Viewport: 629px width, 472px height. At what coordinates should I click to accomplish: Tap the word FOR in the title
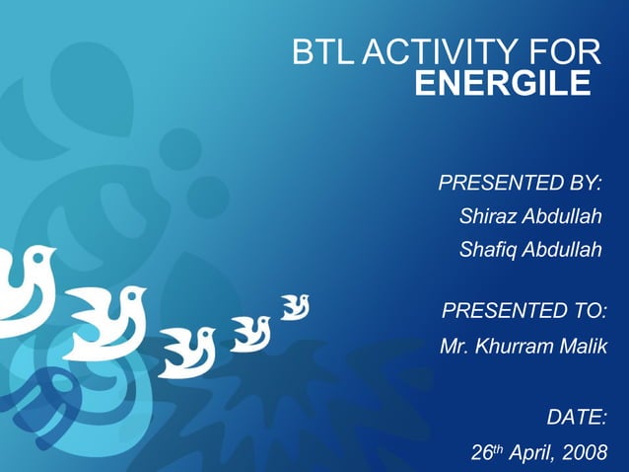[565, 53]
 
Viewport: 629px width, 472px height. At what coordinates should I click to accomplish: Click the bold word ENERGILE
[502, 85]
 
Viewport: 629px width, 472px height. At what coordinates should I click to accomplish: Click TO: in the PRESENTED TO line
[588, 313]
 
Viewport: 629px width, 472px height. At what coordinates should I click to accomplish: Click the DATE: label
[577, 418]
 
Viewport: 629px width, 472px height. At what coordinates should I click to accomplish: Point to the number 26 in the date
[480, 453]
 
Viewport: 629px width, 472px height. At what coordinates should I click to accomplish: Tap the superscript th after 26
[497, 448]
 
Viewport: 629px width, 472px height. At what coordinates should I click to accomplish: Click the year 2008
[584, 453]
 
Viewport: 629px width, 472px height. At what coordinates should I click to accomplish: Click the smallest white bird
[294, 307]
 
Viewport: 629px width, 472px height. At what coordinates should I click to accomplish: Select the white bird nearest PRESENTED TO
[294, 307]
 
